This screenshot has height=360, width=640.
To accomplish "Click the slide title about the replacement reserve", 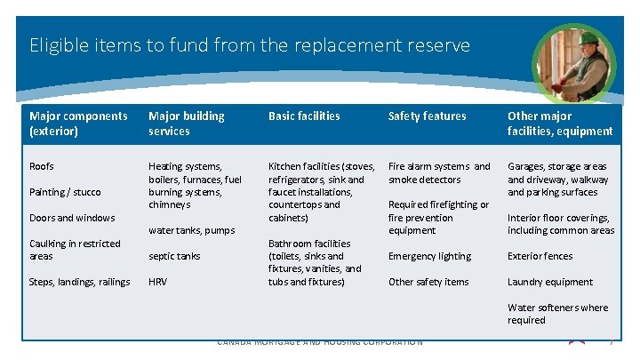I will pos(250,44).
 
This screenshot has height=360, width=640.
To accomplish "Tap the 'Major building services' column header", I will pos(187,124).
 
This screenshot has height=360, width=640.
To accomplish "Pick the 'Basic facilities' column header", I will pos(304,116).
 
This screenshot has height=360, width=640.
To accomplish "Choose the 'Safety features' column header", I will pos(427,116).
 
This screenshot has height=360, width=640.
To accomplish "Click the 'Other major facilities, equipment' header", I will pos(559,124).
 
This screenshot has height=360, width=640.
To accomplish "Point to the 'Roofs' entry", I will pos(42,166).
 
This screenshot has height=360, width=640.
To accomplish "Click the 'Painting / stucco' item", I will pos(65,192).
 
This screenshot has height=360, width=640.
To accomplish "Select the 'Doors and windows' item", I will pos(72,218).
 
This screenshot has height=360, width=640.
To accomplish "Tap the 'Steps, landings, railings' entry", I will pos(80,283).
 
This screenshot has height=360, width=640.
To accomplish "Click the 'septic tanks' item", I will pos(174,257).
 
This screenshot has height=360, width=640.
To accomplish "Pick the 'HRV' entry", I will pos(157,283).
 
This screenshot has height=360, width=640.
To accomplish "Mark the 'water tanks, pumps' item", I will pos(191,231).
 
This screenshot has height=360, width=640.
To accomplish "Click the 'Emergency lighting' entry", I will pos(430,257).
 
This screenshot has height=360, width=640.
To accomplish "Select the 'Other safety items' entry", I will pos(428,283).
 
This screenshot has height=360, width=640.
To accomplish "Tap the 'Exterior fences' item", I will pos(540,257).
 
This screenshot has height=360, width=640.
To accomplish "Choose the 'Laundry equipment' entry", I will pos(549,283).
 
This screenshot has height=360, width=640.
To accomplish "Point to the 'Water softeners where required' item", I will pos(557,314).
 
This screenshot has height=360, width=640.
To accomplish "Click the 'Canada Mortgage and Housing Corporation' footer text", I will pos(320,342).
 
